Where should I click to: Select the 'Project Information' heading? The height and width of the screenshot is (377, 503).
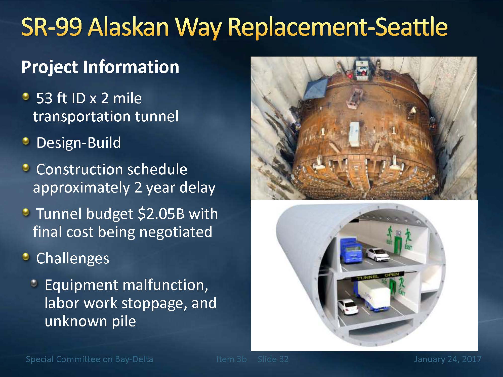pos(100,67)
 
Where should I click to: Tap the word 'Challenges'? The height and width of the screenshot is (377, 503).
pos(73,259)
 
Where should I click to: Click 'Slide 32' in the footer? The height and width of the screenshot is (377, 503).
pos(273,359)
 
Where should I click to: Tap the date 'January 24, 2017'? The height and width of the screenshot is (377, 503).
pos(448,359)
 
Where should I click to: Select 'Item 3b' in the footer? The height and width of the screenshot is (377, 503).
pos(231,359)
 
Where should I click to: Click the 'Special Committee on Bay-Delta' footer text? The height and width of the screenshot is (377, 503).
pos(89,359)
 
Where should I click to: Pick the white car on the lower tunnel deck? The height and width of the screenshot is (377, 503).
pos(348,307)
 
